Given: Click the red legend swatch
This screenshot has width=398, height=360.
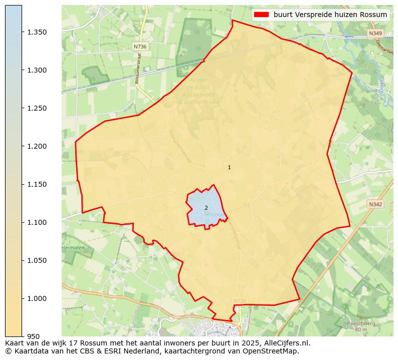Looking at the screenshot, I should [x=262, y=15].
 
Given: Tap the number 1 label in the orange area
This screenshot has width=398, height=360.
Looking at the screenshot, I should [x=229, y=168].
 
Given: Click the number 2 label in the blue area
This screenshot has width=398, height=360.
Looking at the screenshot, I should [x=206, y=208].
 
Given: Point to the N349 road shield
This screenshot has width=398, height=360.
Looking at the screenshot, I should [x=375, y=34].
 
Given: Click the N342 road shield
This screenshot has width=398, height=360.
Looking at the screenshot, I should [x=375, y=204].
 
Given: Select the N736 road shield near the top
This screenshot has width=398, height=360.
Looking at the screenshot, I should [x=140, y=47].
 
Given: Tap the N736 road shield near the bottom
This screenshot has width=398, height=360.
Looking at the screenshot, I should [x=240, y=301].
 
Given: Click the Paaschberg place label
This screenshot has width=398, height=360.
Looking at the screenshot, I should [x=361, y=323].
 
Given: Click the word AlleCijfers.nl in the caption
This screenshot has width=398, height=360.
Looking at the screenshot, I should [x=287, y=343].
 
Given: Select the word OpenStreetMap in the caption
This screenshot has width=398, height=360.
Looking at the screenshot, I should [x=271, y=351].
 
